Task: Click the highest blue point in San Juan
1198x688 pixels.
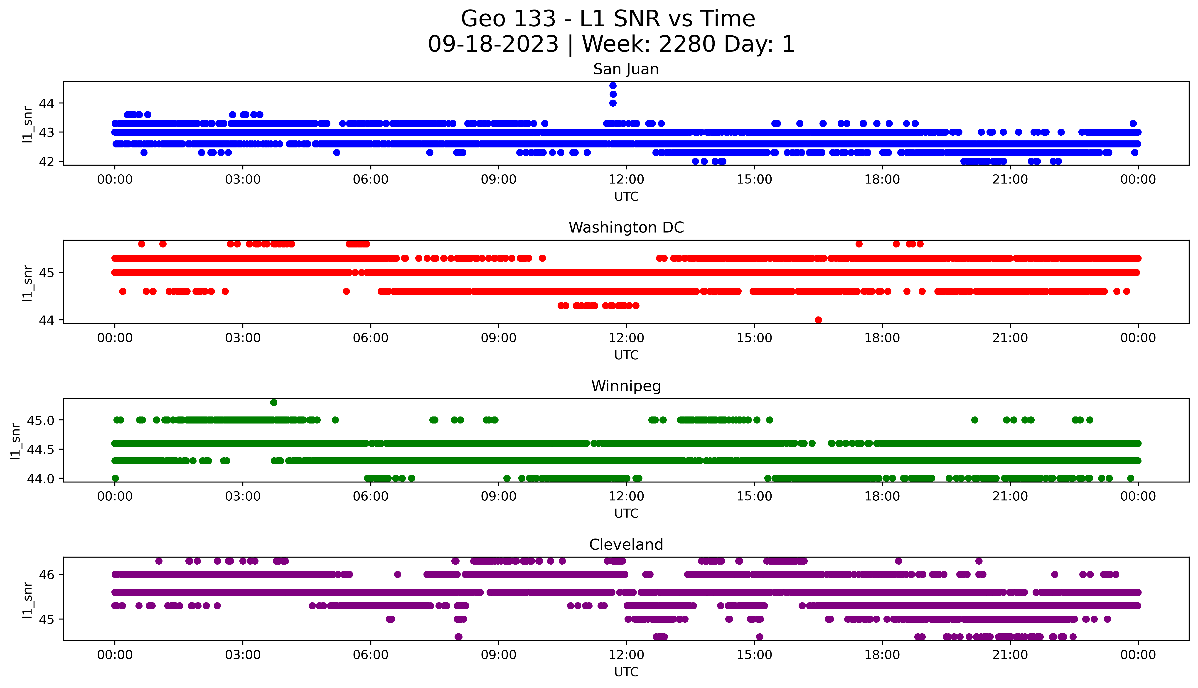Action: [x=613, y=86]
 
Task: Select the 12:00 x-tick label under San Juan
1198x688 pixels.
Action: [x=626, y=180]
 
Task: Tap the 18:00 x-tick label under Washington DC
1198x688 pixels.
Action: [x=882, y=338]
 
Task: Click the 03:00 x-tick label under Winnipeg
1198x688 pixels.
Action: [x=243, y=497]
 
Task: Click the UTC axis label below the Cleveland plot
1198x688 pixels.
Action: [x=626, y=672]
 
